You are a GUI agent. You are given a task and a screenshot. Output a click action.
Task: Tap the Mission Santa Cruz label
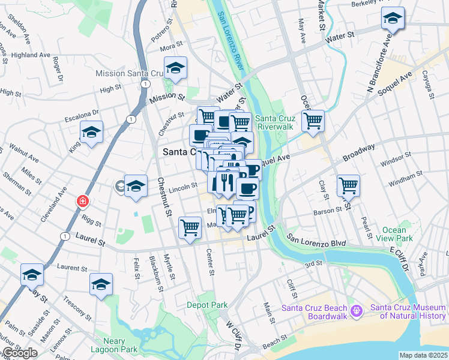click(129, 73)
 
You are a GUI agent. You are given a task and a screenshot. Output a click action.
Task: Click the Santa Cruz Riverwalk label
click(275, 122)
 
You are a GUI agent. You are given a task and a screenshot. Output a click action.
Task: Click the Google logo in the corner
click(20, 353)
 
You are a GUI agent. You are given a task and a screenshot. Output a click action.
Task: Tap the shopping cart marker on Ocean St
click(313, 121)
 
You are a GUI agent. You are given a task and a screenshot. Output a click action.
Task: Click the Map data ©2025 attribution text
click(424, 355)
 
